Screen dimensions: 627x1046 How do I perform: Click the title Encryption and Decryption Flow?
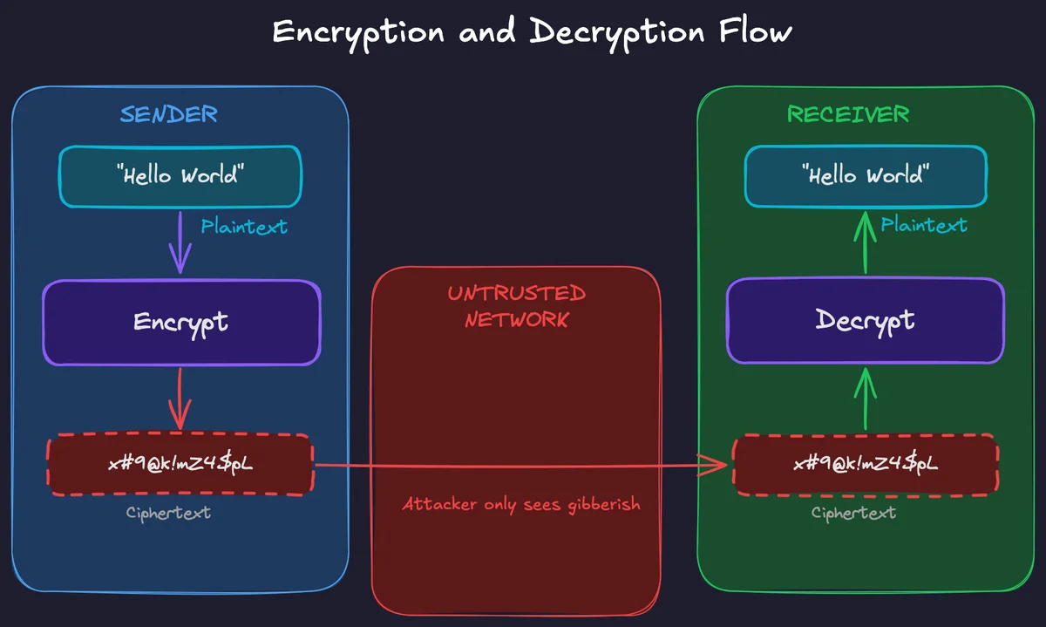tap(532, 32)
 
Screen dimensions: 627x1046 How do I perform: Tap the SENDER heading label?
tap(169, 114)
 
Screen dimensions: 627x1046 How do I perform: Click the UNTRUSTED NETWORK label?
tap(516, 306)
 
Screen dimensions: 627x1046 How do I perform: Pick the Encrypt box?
tap(181, 322)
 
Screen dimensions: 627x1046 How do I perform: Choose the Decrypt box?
tap(865, 321)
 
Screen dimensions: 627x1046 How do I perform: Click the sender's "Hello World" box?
tap(180, 176)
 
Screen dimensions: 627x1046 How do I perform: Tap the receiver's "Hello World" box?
tap(865, 176)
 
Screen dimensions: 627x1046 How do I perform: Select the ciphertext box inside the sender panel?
tap(180, 464)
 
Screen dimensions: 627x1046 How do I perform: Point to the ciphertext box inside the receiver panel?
tap(865, 464)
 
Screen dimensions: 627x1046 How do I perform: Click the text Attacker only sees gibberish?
tap(521, 504)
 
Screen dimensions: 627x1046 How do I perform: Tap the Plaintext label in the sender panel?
tap(244, 228)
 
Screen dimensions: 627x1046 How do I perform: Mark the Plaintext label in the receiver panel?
tap(924, 225)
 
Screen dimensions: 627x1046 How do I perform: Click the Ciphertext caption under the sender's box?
tap(168, 513)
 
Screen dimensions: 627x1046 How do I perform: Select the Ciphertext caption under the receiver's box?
tap(853, 513)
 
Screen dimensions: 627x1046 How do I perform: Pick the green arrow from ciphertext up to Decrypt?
tap(866, 398)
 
